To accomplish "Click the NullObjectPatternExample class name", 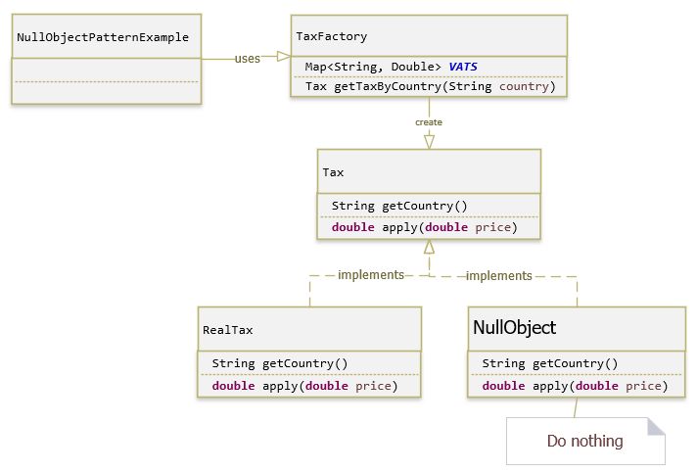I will pyautogui.click(x=103, y=37).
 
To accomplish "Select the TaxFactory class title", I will pyautogui.click(x=332, y=37).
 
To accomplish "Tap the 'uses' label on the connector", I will pyautogui.click(x=248, y=59).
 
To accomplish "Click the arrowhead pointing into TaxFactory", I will pyautogui.click(x=283, y=58).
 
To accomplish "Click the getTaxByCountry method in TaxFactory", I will pyautogui.click(x=430, y=86).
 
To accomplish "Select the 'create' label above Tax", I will pyautogui.click(x=429, y=122).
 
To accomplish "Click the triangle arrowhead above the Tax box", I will pyautogui.click(x=429, y=141).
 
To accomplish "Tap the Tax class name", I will pyautogui.click(x=333, y=172).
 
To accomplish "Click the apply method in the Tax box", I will pyautogui.click(x=424, y=227).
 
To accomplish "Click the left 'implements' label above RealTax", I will pyautogui.click(x=371, y=275).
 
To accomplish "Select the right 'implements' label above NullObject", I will pyautogui.click(x=498, y=276).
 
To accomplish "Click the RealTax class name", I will pyautogui.click(x=227, y=330).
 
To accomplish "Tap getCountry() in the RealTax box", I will pyautogui.click(x=279, y=363).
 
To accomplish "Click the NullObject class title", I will pyautogui.click(x=515, y=327).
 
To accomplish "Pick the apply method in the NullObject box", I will pyautogui.click(x=575, y=386).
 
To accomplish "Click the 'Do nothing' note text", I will pyautogui.click(x=584, y=442).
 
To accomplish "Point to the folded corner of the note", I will pyautogui.click(x=656, y=427).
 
